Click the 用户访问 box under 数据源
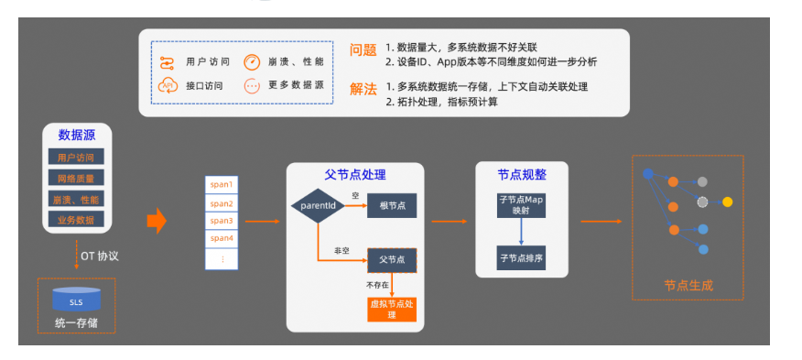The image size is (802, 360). pyautogui.click(x=77, y=157)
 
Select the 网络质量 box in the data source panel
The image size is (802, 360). pyautogui.click(x=77, y=178)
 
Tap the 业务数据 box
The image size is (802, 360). pyautogui.click(x=77, y=220)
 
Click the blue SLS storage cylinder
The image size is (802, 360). pyautogui.click(x=76, y=300)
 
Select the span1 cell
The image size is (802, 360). pyautogui.click(x=222, y=185)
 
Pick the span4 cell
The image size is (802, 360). pyautogui.click(x=222, y=238)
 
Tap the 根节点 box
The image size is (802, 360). pyautogui.click(x=392, y=205)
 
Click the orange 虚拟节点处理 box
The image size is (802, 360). pyautogui.click(x=391, y=308)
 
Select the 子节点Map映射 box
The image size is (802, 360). pyautogui.click(x=521, y=204)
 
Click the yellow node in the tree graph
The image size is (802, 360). pyautogui.click(x=728, y=201)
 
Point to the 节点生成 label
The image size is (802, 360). pyautogui.click(x=688, y=285)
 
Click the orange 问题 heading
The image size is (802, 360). pyautogui.click(x=363, y=50)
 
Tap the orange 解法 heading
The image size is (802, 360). pyautogui.click(x=363, y=89)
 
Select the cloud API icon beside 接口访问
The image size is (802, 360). pyautogui.click(x=168, y=86)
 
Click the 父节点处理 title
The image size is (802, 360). pyautogui.click(x=355, y=174)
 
